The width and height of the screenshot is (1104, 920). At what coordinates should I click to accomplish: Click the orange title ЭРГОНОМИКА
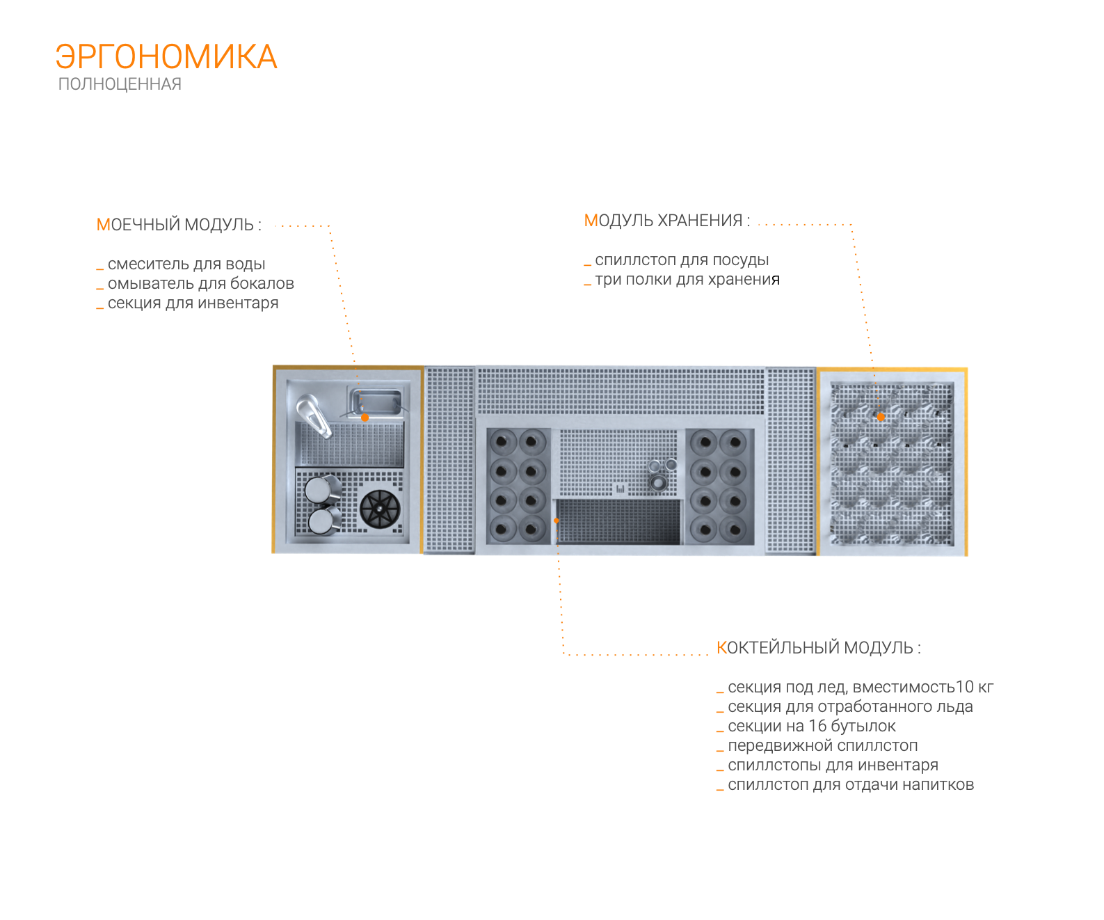[166, 57]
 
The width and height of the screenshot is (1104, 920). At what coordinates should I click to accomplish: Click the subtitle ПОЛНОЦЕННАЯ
[120, 84]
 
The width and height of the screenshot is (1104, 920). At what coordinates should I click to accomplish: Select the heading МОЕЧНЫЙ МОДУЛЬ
[179, 225]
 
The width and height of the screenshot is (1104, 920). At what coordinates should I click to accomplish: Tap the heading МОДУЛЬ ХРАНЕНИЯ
[666, 221]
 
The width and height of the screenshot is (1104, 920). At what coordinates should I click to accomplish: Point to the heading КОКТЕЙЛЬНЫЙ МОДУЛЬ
[818, 648]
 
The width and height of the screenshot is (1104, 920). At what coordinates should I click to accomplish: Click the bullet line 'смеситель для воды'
[186, 264]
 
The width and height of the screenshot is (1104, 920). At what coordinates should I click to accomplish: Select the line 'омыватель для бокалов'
[200, 284]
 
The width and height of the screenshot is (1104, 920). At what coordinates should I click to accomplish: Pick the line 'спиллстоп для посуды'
[682, 260]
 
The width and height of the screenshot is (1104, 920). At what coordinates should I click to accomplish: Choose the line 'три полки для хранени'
[682, 280]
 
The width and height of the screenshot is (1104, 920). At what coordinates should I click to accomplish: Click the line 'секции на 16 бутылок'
[811, 727]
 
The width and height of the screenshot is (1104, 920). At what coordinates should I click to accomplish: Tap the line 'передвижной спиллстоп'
[822, 746]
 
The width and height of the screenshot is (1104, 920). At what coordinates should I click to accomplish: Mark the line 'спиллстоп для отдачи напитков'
[850, 785]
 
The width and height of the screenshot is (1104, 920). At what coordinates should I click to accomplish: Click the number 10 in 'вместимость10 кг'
[965, 688]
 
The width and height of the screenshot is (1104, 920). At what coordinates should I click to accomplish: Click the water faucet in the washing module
[314, 415]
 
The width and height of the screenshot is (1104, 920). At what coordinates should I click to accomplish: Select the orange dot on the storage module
[881, 418]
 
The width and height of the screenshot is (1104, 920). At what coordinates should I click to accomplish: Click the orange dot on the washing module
[365, 418]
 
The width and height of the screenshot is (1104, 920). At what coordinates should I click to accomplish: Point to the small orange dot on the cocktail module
[557, 521]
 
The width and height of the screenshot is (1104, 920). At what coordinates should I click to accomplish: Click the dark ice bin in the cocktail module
[619, 521]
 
